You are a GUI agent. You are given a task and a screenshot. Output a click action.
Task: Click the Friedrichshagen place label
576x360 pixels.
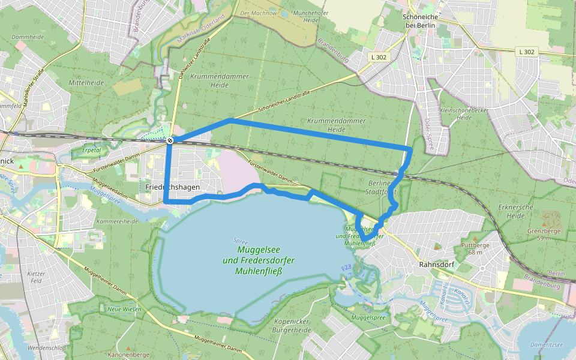coord(172,187)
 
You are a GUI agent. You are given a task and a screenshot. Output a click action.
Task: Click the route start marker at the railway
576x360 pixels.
coord(170,140)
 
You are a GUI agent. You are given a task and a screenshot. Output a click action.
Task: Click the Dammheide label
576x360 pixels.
coord(27,37)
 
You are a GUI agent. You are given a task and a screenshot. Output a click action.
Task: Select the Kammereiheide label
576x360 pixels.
coord(118,221)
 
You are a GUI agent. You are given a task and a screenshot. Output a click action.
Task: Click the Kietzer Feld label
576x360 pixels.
coord(36,277)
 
